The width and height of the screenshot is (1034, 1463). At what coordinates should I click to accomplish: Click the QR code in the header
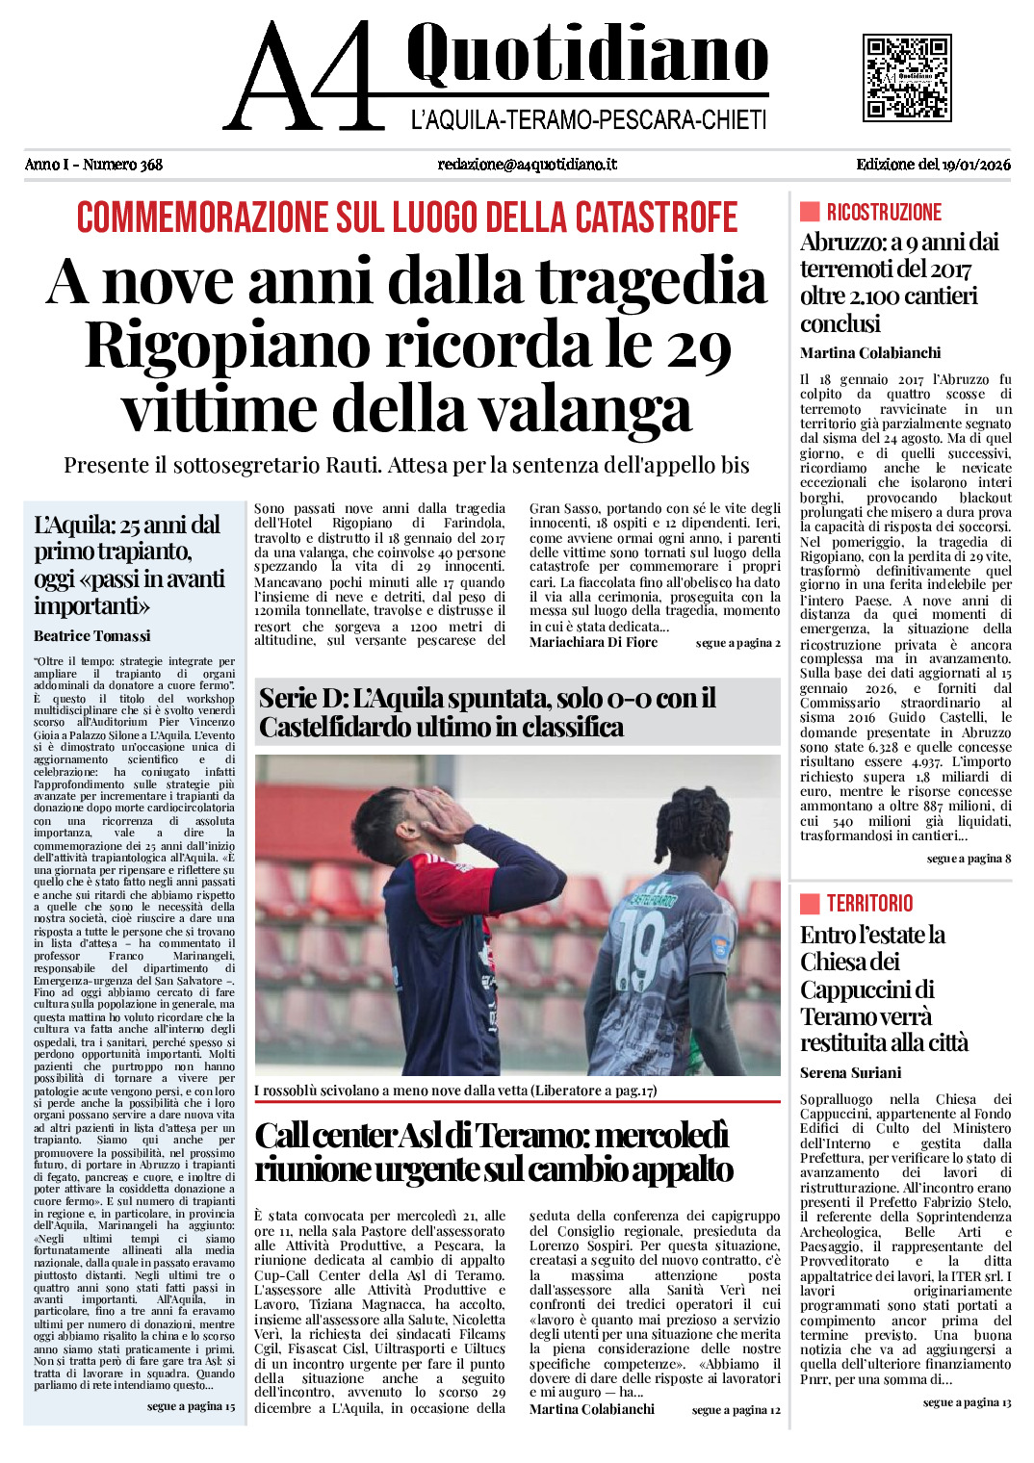907,78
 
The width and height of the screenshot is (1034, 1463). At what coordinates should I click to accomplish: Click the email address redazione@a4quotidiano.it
527,165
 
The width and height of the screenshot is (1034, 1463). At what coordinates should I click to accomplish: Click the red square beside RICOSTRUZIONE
810,212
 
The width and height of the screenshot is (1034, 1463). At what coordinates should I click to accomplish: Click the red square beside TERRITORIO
810,903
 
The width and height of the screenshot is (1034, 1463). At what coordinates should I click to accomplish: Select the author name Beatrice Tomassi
92,636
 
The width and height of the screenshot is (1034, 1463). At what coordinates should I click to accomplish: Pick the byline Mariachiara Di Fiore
593,643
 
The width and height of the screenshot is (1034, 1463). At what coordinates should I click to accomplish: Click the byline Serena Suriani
850,1073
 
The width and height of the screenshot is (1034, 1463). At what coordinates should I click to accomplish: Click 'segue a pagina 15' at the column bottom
191,1407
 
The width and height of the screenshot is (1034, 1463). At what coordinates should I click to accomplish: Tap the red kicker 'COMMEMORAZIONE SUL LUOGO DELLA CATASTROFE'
407,218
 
